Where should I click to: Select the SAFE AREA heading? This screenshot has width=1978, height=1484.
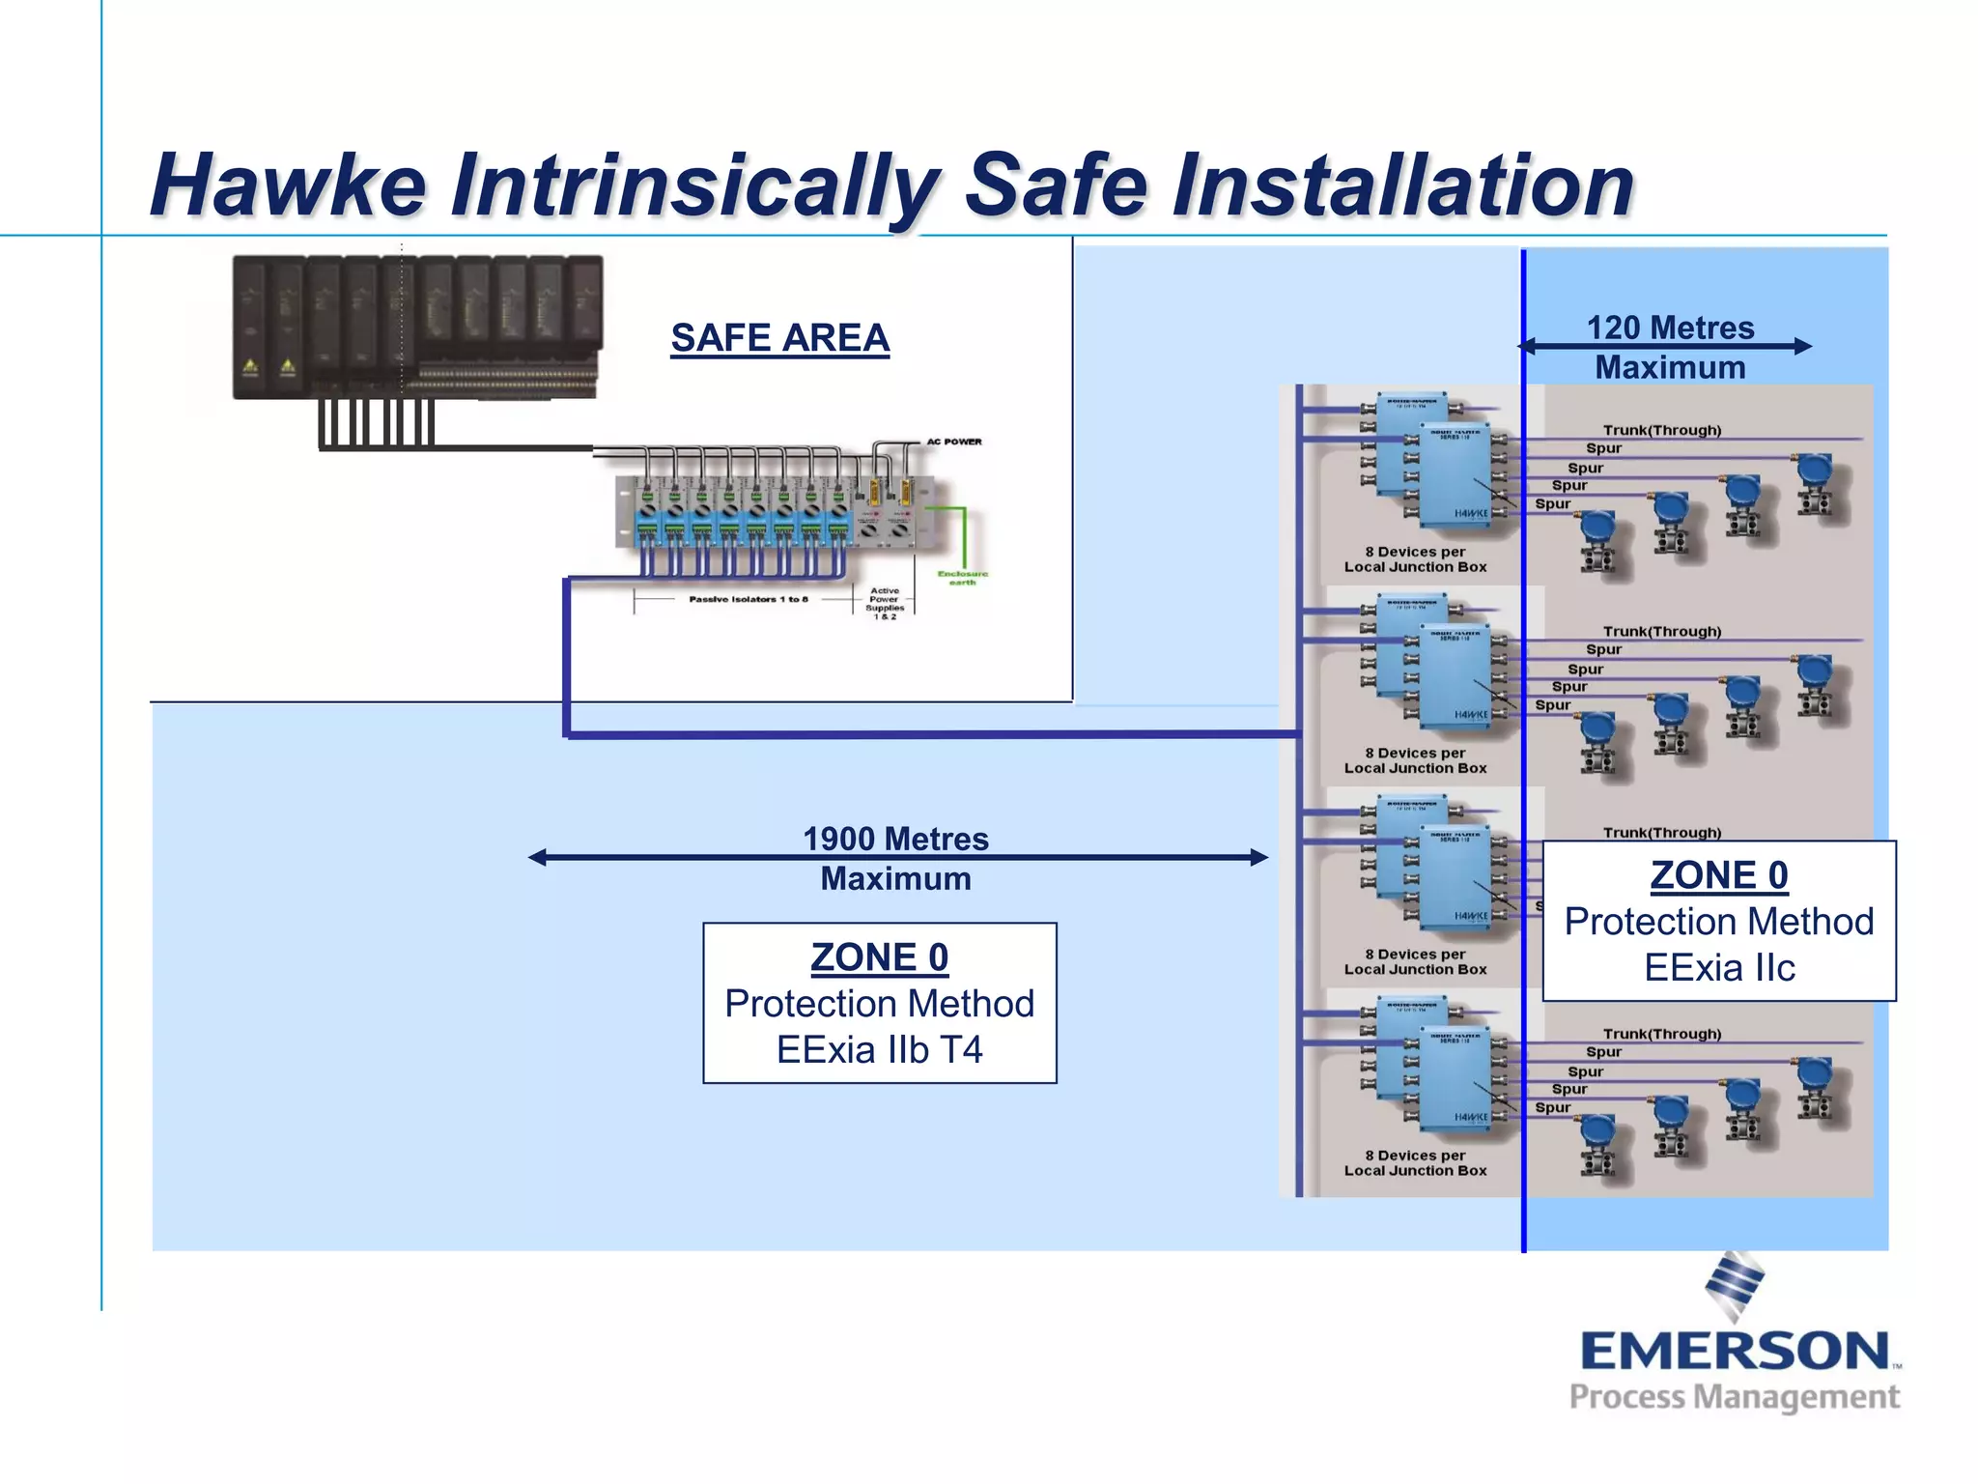pyautogui.click(x=779, y=338)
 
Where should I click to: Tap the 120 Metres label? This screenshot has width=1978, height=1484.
pyautogui.click(x=1670, y=328)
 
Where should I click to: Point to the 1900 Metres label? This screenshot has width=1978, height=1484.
pyautogui.click(x=895, y=839)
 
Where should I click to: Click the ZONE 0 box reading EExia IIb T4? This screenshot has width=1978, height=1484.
pyautogui.click(x=879, y=1003)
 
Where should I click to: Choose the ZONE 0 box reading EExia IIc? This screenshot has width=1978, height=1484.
pyautogui.click(x=1718, y=921)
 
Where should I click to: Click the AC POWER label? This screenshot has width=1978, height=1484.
pyautogui.click(x=954, y=442)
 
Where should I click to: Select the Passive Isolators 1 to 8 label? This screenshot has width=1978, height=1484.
pyautogui.click(x=748, y=600)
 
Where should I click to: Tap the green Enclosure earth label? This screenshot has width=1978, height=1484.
pyautogui.click(x=962, y=578)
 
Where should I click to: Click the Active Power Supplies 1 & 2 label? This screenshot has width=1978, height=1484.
pyautogui.click(x=885, y=603)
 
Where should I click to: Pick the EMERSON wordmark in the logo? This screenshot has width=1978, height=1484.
pyautogui.click(x=1735, y=1351)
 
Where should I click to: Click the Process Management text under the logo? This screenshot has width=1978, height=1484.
pyautogui.click(x=1734, y=1397)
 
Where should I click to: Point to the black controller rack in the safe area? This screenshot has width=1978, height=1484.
pyautogui.click(x=417, y=327)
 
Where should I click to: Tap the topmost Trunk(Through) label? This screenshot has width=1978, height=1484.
pyautogui.click(x=1661, y=430)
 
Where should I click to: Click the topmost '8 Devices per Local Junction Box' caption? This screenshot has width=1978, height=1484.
pyautogui.click(x=1415, y=559)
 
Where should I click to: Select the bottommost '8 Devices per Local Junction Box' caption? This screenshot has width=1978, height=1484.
pyautogui.click(x=1415, y=1162)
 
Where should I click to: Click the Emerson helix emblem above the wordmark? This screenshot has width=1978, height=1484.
pyautogui.click(x=1735, y=1285)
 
